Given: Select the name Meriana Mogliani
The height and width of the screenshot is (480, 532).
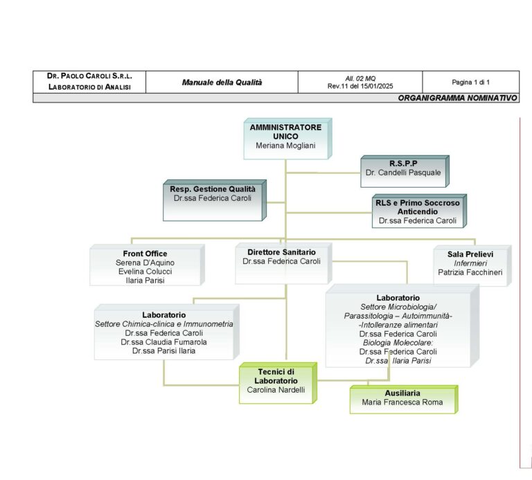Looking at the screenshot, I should [285, 145].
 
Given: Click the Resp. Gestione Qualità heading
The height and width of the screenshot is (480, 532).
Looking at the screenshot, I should [213, 189].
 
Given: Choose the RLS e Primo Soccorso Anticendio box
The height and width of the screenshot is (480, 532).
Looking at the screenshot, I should [417, 211].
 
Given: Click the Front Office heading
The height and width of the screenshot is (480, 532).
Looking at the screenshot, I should [145, 254].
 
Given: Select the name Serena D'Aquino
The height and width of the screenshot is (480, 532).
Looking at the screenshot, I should [145, 263].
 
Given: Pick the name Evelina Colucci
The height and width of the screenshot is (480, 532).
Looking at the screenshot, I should [145, 272].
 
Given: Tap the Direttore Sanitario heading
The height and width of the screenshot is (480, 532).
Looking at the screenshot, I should [281, 251].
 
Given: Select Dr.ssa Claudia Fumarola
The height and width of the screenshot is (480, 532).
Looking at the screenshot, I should [163, 341].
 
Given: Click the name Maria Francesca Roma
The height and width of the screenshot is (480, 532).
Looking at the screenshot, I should [402, 402].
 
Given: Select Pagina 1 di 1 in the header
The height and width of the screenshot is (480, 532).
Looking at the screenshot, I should [470, 82].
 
